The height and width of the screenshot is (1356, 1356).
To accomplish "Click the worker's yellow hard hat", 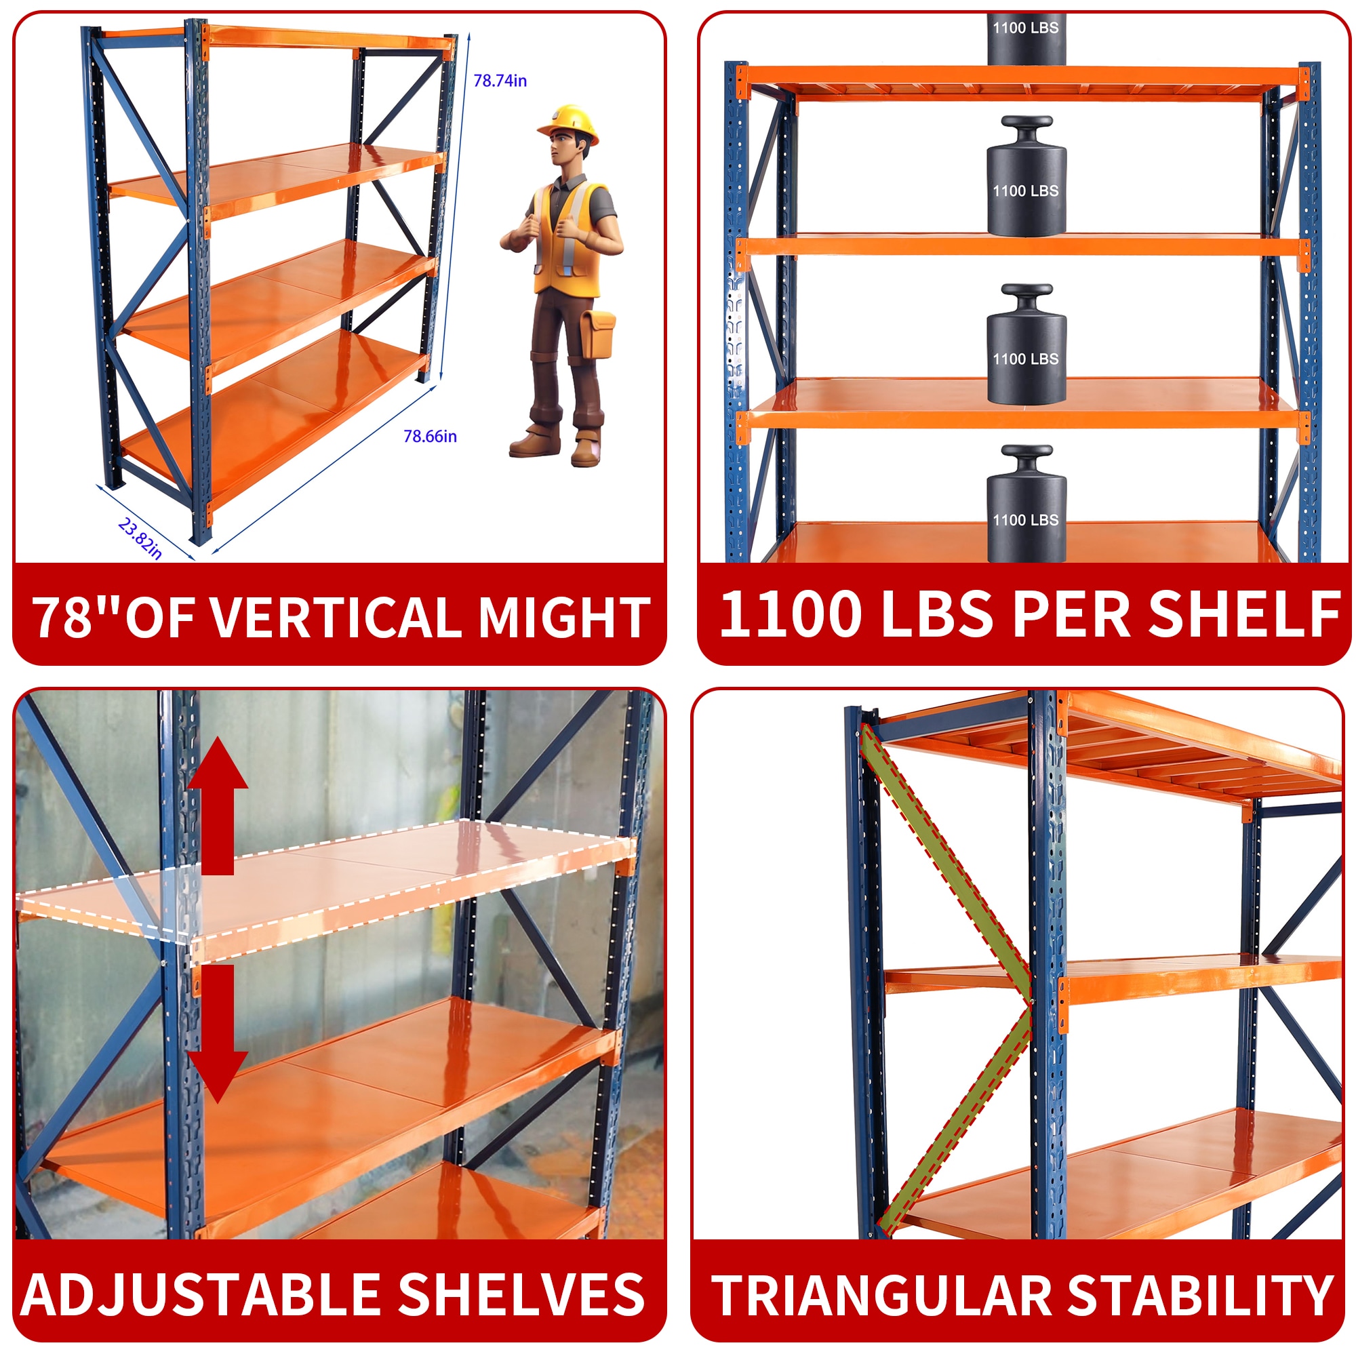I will [x=567, y=122].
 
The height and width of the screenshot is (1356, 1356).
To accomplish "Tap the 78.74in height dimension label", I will [x=500, y=81].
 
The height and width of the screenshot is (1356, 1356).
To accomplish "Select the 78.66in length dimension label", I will [x=430, y=436].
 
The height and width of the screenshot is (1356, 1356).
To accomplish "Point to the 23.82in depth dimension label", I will [x=140, y=538].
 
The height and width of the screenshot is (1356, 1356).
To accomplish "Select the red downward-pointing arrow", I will [x=218, y=1032].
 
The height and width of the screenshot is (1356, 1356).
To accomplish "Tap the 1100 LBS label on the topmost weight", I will [x=1025, y=28].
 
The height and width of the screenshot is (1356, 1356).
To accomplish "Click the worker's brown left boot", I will [x=586, y=450].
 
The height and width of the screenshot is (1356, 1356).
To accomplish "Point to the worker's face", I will [x=561, y=151].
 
